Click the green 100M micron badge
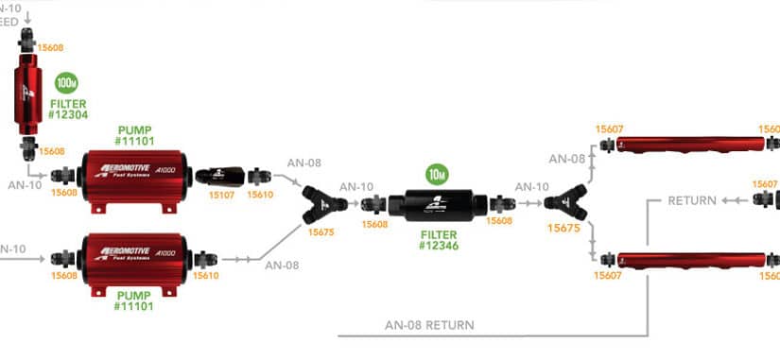(x=66, y=83)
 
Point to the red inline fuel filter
(x=27, y=95)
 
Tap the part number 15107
(x=221, y=196)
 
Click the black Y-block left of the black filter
(x=323, y=200)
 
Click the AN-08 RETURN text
(x=429, y=324)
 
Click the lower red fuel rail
(x=689, y=257)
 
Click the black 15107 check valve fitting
(x=219, y=175)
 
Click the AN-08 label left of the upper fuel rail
(x=566, y=159)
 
